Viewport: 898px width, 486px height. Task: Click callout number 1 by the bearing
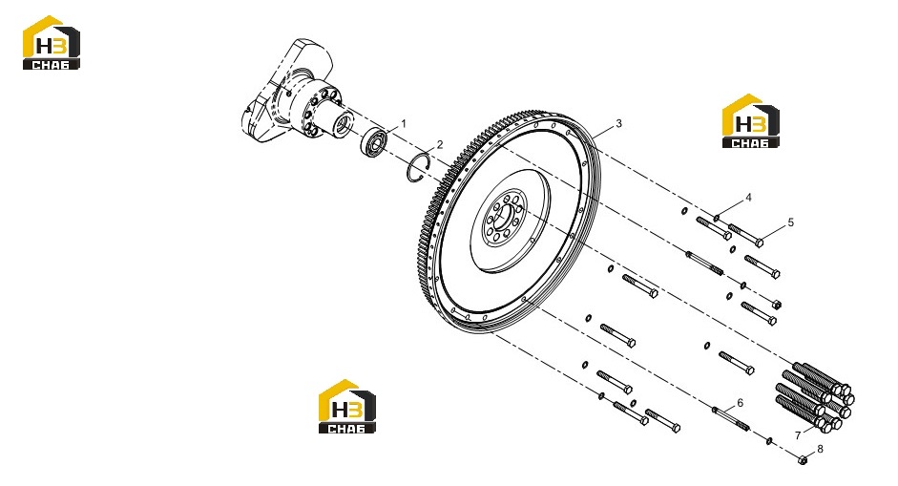(403, 123)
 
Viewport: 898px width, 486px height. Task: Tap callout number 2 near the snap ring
(440, 144)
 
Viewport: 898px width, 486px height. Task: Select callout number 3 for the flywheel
(618, 123)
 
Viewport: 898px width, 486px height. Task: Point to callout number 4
(748, 198)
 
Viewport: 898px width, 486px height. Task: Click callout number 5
(791, 222)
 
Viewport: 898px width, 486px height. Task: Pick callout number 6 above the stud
(740, 403)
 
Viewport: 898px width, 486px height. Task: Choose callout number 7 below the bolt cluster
(798, 435)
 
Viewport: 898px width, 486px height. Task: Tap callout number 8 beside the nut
(820, 449)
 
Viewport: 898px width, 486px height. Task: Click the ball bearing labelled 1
(374, 142)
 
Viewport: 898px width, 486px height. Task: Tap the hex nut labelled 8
(803, 459)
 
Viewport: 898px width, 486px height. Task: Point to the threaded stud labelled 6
(731, 417)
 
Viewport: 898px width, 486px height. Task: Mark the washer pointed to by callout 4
(717, 217)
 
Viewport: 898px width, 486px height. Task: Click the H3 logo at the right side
(751, 121)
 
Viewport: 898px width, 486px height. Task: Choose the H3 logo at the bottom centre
(347, 407)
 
